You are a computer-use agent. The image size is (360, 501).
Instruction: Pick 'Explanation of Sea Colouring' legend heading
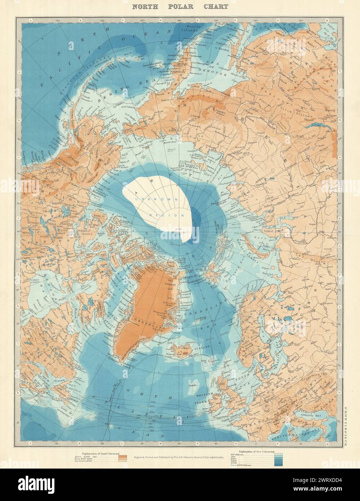(x=252, y=452)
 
